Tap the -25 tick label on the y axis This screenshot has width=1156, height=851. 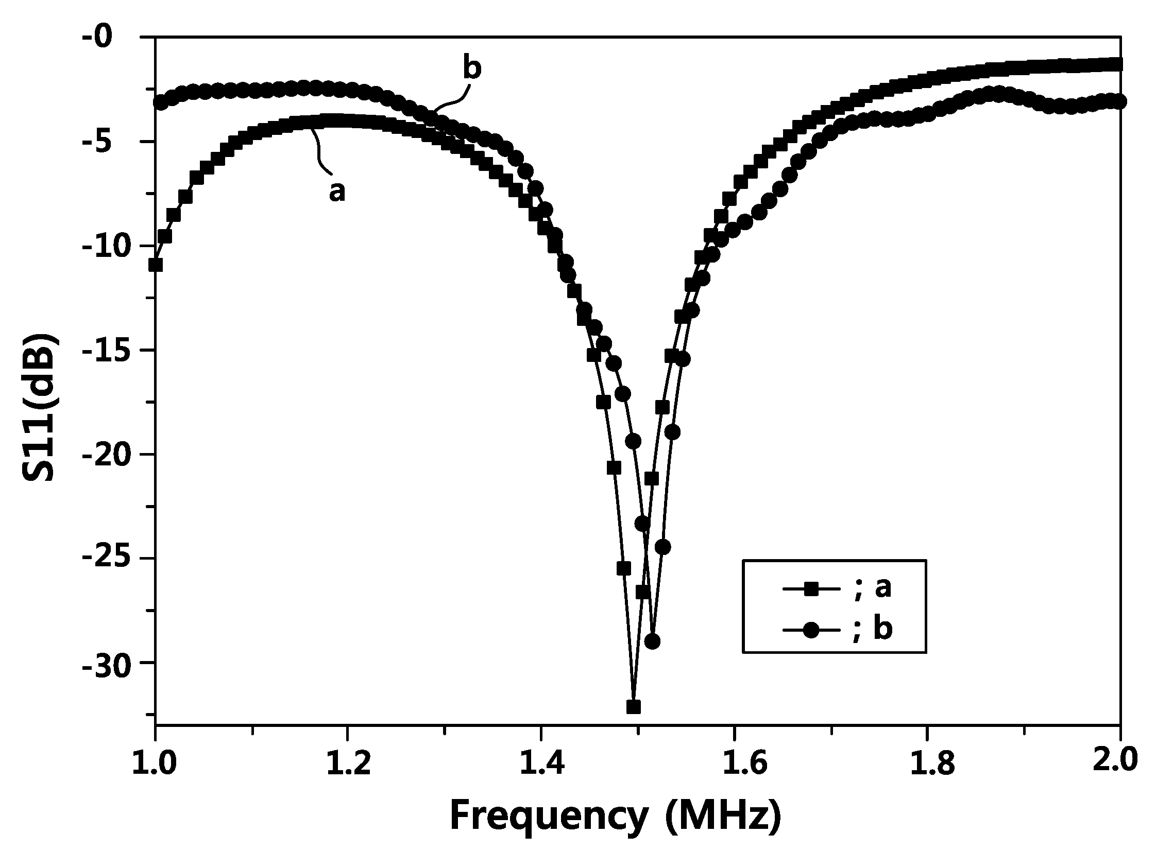[104, 559]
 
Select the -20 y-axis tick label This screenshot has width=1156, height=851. [104, 455]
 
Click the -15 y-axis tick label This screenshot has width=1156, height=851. [104, 350]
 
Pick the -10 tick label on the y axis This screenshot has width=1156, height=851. [104, 246]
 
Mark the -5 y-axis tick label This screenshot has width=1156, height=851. [111, 141]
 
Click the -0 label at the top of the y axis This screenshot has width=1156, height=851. [111, 37]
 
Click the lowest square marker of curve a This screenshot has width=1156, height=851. [634, 707]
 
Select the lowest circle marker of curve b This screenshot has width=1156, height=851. [653, 642]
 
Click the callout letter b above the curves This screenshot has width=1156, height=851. [472, 69]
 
